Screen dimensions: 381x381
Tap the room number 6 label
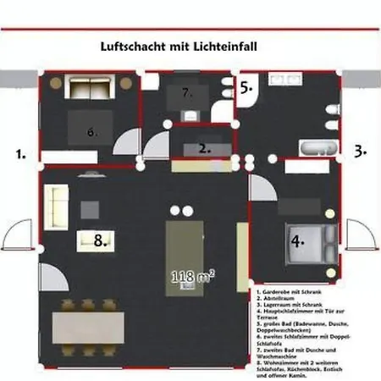(x=91, y=131)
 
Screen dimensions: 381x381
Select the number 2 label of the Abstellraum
(x=204, y=146)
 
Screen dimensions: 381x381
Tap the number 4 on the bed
(x=297, y=240)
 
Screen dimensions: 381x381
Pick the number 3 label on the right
(x=360, y=152)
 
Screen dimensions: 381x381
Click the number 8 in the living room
(x=101, y=240)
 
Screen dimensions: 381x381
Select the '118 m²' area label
(x=192, y=276)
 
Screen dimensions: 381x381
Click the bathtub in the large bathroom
(x=318, y=149)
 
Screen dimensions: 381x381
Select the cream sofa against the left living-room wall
(x=58, y=207)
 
